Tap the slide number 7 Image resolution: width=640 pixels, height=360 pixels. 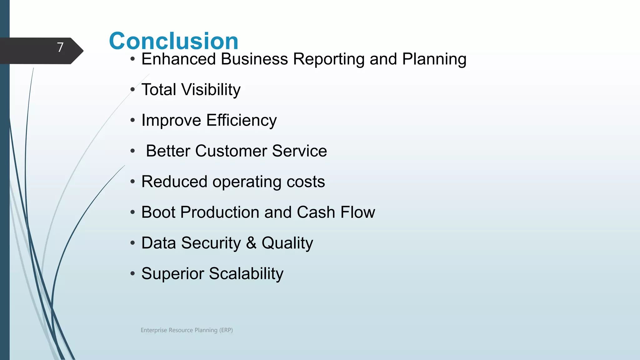pyautogui.click(x=60, y=47)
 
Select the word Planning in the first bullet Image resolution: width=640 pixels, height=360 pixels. pyautogui.click(x=434, y=59)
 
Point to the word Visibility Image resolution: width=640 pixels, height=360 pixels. pyautogui.click(x=211, y=90)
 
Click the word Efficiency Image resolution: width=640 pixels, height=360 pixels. pyautogui.click(x=241, y=120)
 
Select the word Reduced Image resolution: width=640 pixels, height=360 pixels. pyautogui.click(x=174, y=182)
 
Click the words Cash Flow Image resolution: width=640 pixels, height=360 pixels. pyautogui.click(x=336, y=212)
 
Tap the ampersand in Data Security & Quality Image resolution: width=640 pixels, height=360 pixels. pyautogui.click(x=251, y=243)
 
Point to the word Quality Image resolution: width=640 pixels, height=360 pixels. pyautogui.click(x=287, y=243)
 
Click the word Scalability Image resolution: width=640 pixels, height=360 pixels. pyautogui.click(x=246, y=274)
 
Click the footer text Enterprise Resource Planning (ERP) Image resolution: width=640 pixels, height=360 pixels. pyautogui.click(x=187, y=330)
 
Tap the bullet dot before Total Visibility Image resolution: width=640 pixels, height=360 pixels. pyautogui.click(x=133, y=90)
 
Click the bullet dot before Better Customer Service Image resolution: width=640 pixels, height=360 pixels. pyautogui.click(x=133, y=151)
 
